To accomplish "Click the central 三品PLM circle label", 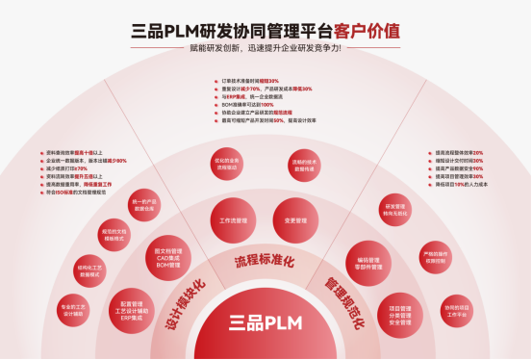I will [266, 322].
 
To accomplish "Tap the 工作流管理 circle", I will [234, 220].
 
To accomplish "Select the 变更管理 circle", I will [295, 220].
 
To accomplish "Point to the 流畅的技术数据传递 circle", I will [303, 164].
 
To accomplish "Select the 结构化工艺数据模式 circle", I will [89, 269].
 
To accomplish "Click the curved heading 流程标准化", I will [265, 261].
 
